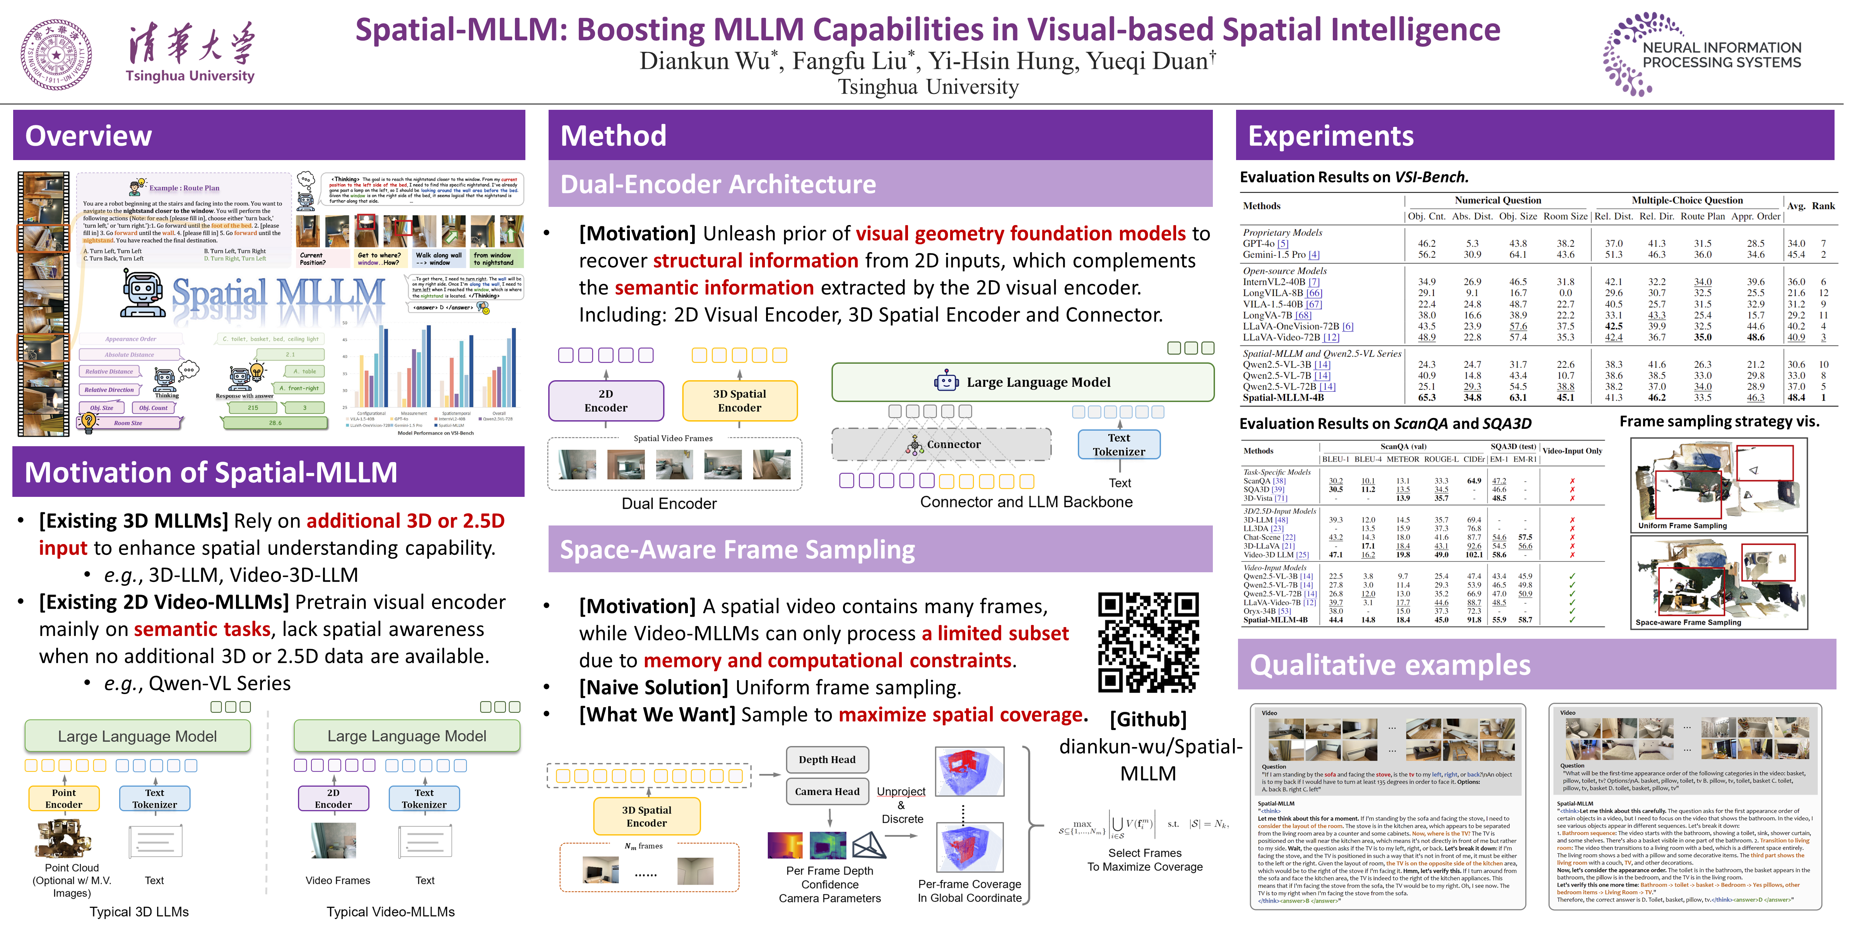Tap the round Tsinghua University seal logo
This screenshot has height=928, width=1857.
56,55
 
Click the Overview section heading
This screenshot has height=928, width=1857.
89,135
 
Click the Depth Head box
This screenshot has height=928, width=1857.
827,759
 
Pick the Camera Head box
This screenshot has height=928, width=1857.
827,791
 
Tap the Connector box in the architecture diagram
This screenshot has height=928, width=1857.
942,445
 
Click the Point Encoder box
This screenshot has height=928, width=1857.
64,798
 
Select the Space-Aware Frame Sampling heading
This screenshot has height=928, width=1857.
737,550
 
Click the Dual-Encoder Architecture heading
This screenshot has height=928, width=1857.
718,184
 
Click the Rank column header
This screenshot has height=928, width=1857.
1823,206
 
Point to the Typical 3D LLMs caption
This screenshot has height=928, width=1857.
139,911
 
